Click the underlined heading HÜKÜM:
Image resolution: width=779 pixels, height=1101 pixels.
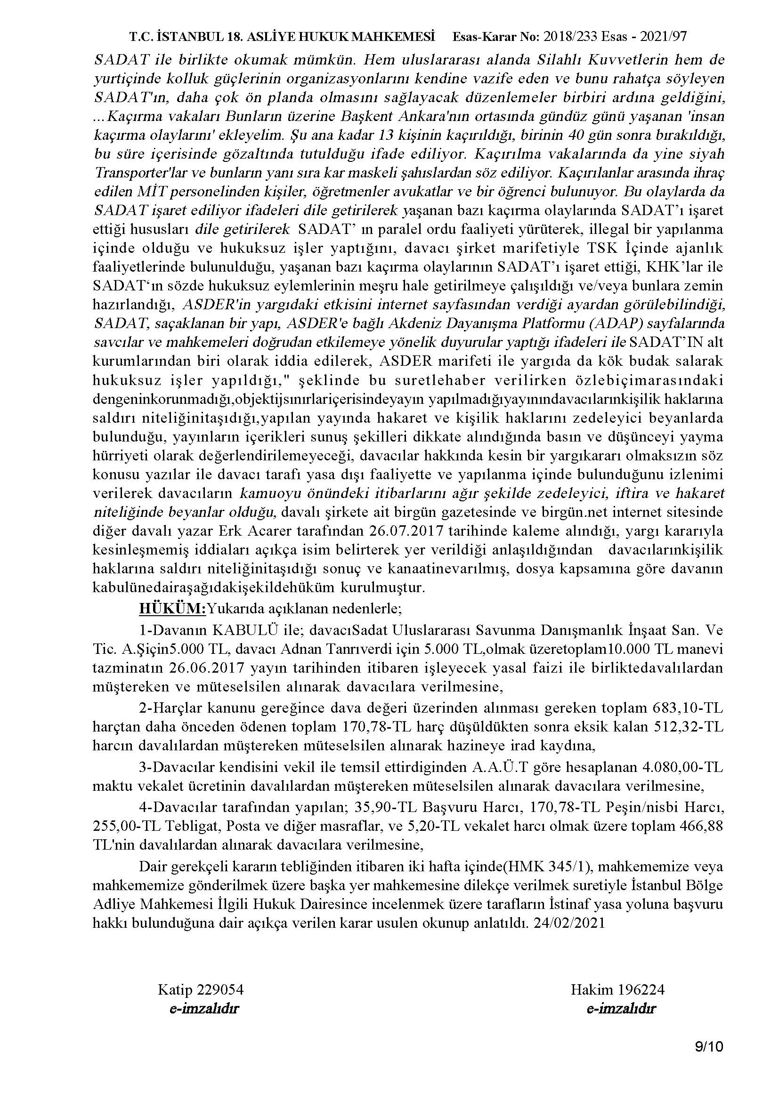point(172,609)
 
